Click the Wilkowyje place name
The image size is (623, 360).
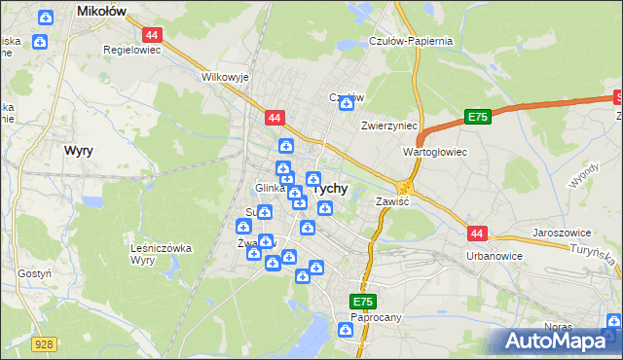click(225, 76)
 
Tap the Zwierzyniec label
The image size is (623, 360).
click(389, 126)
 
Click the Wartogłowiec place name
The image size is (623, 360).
click(435, 153)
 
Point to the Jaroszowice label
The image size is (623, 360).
click(564, 234)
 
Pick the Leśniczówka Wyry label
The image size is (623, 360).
click(161, 254)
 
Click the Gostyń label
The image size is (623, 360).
click(34, 274)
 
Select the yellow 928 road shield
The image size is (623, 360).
click(42, 343)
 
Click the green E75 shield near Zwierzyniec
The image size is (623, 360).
click(476, 117)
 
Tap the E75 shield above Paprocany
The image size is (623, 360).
click(363, 302)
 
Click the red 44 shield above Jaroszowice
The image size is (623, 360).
click(476, 234)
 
